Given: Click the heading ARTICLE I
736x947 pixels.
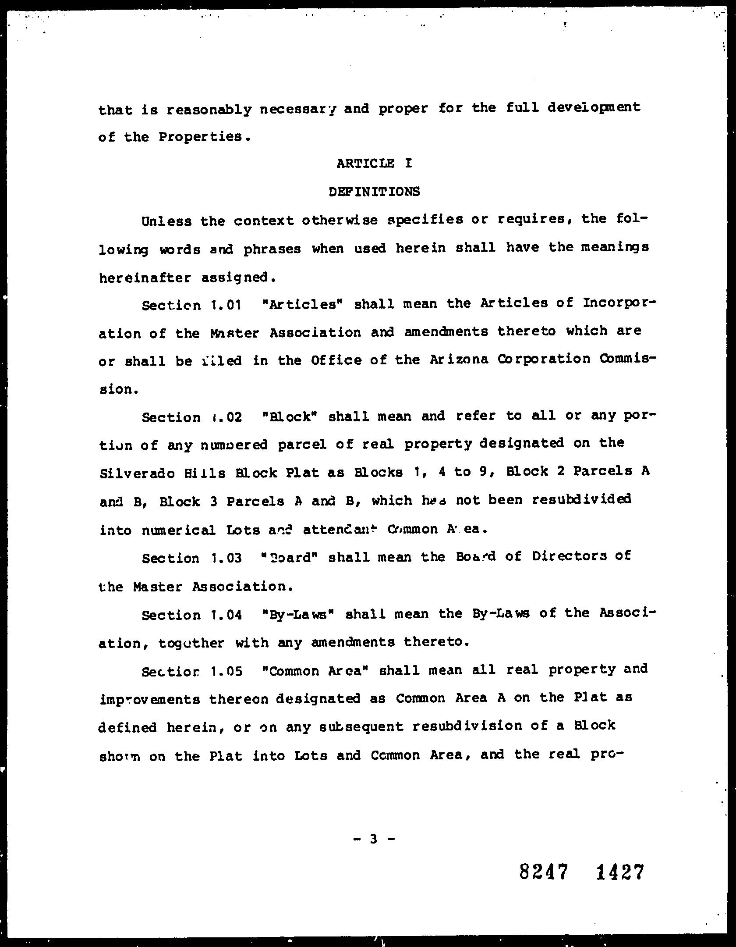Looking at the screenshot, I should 374,164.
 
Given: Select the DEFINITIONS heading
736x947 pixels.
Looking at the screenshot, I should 374,192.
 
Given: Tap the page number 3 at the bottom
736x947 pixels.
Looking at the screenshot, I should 373,839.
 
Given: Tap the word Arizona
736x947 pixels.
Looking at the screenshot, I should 459,360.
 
